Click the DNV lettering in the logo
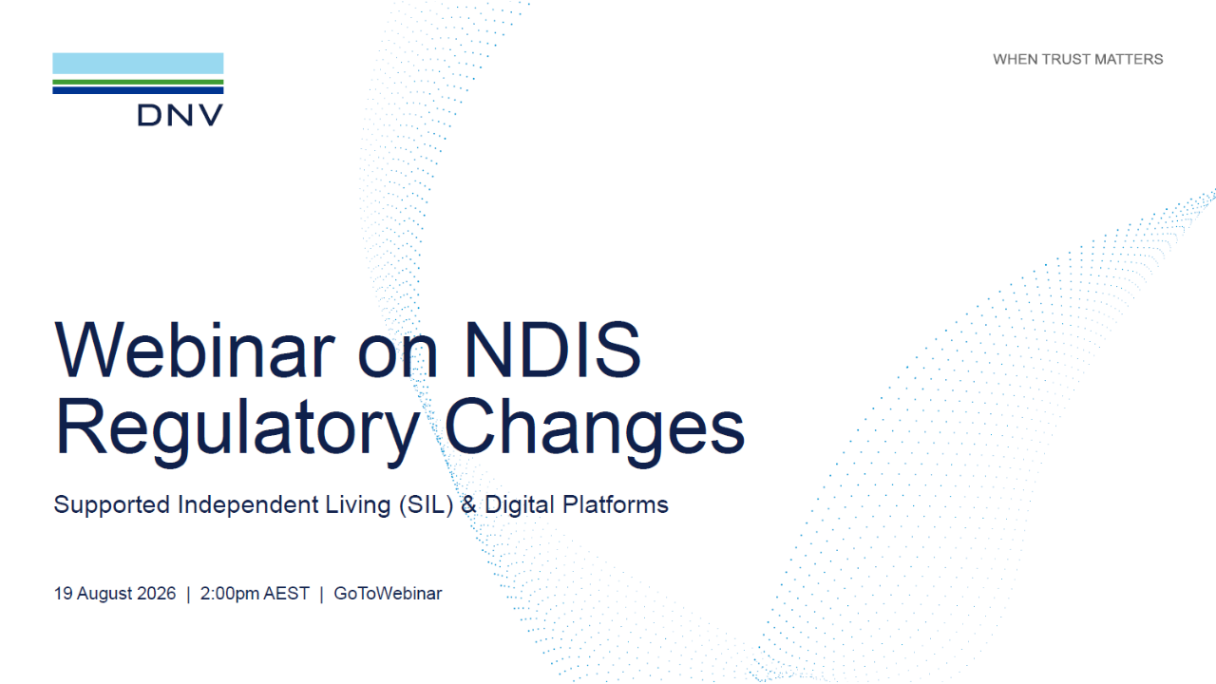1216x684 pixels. tap(180, 115)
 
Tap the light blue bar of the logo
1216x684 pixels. tap(138, 64)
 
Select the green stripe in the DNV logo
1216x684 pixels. tap(138, 83)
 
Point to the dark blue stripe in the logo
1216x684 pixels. tap(138, 90)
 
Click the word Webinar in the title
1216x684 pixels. tap(195, 351)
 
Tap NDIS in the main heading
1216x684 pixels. tap(553, 351)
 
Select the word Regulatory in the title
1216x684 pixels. tap(237, 428)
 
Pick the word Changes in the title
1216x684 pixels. tap(595, 428)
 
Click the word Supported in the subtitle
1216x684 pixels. tap(112, 505)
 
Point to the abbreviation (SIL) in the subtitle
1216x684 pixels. tap(427, 505)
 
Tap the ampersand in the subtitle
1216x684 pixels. tap(468, 504)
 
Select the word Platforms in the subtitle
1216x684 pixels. tap(615, 504)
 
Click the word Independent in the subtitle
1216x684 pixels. tap(248, 505)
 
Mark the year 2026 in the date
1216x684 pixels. tap(157, 594)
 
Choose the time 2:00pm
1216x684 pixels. tap(230, 594)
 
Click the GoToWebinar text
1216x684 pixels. tap(388, 594)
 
